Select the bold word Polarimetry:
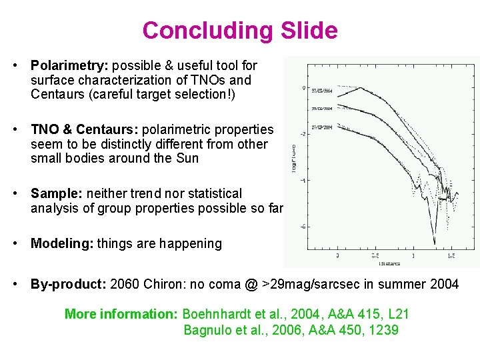coord(70,65)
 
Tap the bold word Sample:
coord(58,193)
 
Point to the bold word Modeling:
coord(62,243)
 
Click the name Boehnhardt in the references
coord(217,313)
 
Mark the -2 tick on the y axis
coord(303,134)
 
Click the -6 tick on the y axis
coord(303,227)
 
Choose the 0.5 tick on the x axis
coord(375,255)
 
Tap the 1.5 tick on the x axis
coord(451,255)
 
